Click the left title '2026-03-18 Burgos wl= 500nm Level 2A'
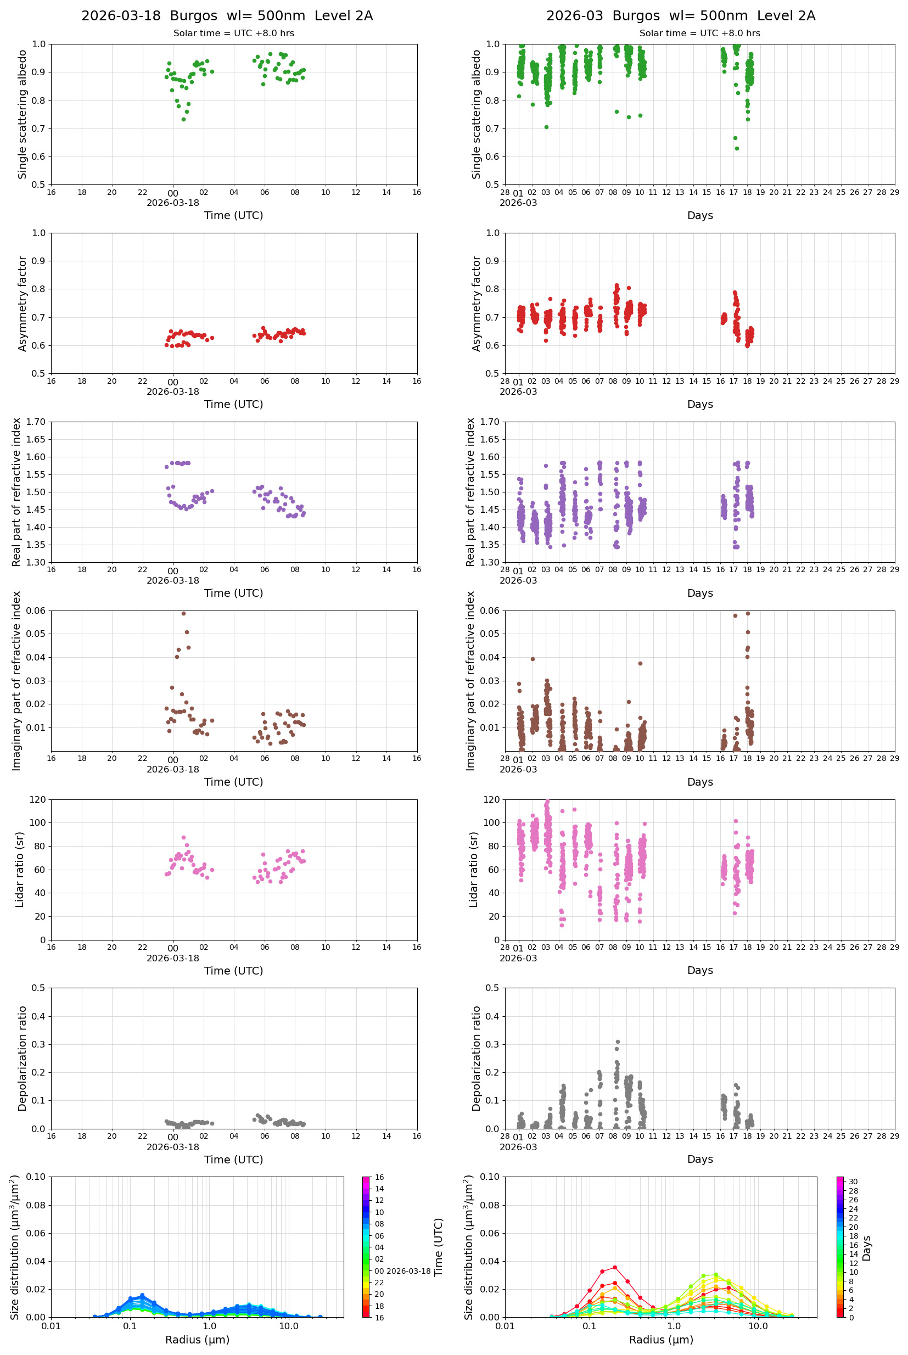[227, 15]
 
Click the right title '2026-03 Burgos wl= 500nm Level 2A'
[680, 15]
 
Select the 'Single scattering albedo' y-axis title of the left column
[23, 114]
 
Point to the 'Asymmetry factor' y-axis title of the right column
[477, 304]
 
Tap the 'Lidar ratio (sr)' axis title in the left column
[20, 869]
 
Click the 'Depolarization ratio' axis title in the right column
[477, 1059]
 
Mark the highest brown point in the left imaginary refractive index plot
[183, 613]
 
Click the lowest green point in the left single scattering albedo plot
[183, 119]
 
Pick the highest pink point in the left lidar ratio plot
[183, 837]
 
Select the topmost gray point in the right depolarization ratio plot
[617, 1042]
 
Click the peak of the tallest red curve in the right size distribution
[615, 1268]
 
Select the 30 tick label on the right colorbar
[853, 1182]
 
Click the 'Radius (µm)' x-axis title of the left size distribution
[197, 1340]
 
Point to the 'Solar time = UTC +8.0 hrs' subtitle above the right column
[699, 33]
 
